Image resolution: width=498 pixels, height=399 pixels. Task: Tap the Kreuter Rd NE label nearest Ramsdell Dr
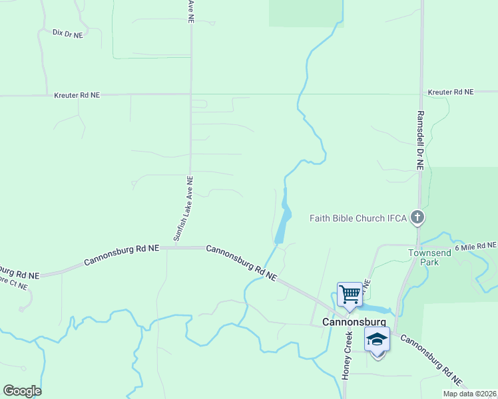pyautogui.click(x=451, y=92)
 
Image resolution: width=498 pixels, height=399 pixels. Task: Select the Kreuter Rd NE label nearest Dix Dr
pyautogui.click(x=77, y=95)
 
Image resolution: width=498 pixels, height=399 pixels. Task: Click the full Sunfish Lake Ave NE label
pyautogui.click(x=183, y=208)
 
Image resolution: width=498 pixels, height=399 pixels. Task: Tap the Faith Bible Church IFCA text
pyautogui.click(x=359, y=217)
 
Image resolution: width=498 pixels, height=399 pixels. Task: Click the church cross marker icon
pyautogui.click(x=417, y=217)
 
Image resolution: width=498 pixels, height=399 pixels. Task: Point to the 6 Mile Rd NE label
pyautogui.click(x=475, y=246)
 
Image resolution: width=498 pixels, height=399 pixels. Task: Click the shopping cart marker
pyautogui.click(x=350, y=293)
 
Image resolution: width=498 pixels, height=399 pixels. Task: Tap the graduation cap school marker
pyautogui.click(x=377, y=340)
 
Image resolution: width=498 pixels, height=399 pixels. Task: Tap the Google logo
pyautogui.click(x=22, y=390)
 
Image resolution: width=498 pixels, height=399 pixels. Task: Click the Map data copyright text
pyautogui.click(x=469, y=394)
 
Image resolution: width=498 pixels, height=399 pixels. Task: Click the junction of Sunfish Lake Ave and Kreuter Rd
pyautogui.click(x=191, y=94)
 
